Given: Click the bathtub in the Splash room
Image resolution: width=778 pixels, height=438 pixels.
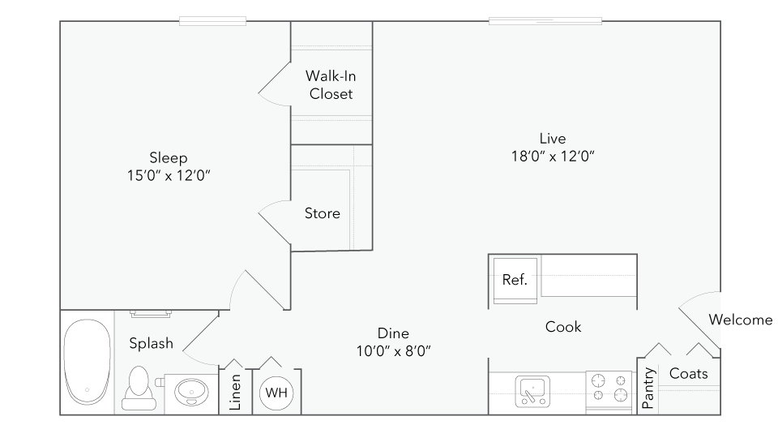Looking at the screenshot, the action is [87, 362].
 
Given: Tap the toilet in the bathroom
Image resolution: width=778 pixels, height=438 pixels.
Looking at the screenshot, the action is [139, 388].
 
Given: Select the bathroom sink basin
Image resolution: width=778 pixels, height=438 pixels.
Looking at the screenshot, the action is [191, 392].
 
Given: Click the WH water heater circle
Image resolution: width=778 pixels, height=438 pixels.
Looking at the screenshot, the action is [276, 393].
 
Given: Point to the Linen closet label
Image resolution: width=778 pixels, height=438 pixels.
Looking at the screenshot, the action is [235, 393].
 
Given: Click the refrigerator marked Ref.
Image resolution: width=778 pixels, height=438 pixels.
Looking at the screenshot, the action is [515, 280].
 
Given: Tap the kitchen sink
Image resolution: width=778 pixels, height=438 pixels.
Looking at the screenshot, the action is [532, 391].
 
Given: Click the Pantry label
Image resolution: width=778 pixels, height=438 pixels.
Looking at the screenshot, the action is [648, 388].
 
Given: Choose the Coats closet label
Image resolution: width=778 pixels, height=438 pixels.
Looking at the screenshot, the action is [688, 373].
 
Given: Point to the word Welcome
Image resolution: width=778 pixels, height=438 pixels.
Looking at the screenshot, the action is [740, 320].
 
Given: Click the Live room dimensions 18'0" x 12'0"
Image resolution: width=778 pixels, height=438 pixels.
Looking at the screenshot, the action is [553, 157].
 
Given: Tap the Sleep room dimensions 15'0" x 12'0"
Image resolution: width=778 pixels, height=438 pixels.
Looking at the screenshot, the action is [169, 176].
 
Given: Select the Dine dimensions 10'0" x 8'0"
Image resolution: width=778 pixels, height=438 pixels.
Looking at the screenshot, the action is [394, 351].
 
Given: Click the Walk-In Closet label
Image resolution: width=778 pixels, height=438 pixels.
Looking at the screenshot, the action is [331, 85].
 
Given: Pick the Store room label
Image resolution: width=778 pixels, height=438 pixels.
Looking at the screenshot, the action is [322, 213].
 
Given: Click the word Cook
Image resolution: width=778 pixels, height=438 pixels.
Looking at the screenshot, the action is [563, 327].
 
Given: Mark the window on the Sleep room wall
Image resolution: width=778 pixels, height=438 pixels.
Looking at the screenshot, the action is [212, 21].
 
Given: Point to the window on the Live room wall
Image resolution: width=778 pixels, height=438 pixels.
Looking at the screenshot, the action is [545, 21].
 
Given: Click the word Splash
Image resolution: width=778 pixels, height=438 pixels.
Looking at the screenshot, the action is [152, 344].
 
